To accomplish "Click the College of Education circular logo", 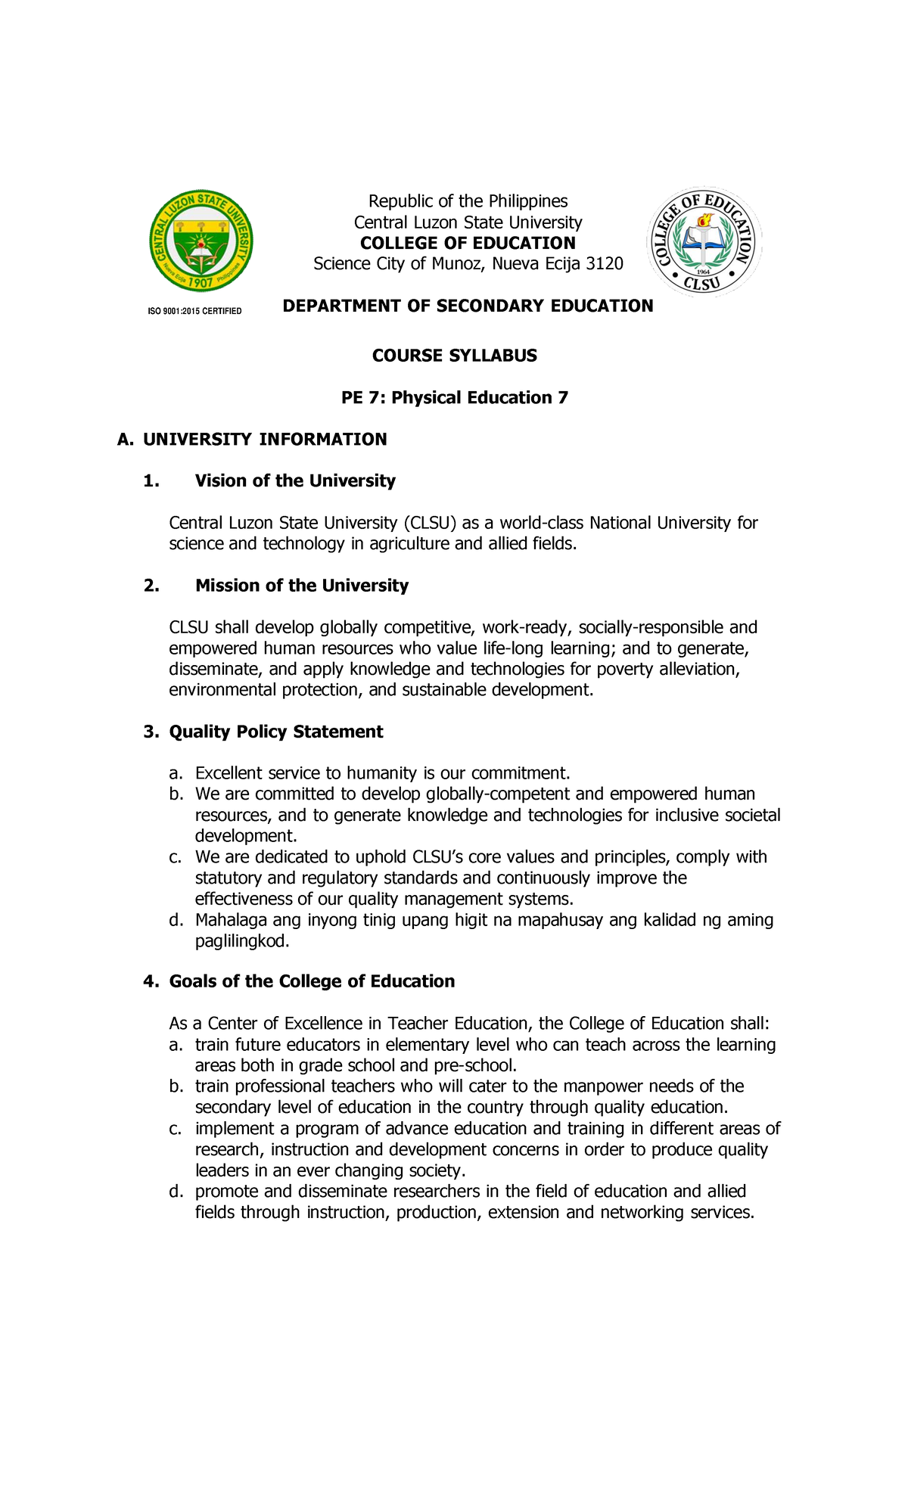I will click(x=704, y=242).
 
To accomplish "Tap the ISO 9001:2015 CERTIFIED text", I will click(x=194, y=311).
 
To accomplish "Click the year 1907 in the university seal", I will click(x=201, y=282).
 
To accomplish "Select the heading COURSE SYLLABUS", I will click(x=454, y=356).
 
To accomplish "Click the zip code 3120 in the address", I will click(x=605, y=263).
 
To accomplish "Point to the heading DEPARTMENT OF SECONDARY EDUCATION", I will click(x=468, y=306).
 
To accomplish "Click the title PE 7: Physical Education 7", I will click(x=454, y=398).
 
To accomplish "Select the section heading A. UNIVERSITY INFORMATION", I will click(x=252, y=440).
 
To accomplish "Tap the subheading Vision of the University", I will click(x=295, y=481).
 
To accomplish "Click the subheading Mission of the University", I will click(x=301, y=586).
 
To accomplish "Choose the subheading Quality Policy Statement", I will click(x=275, y=732).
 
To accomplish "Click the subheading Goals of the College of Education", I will click(x=312, y=981).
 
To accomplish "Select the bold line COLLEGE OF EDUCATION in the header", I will click(x=468, y=243).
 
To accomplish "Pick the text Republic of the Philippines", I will click(x=468, y=201).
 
